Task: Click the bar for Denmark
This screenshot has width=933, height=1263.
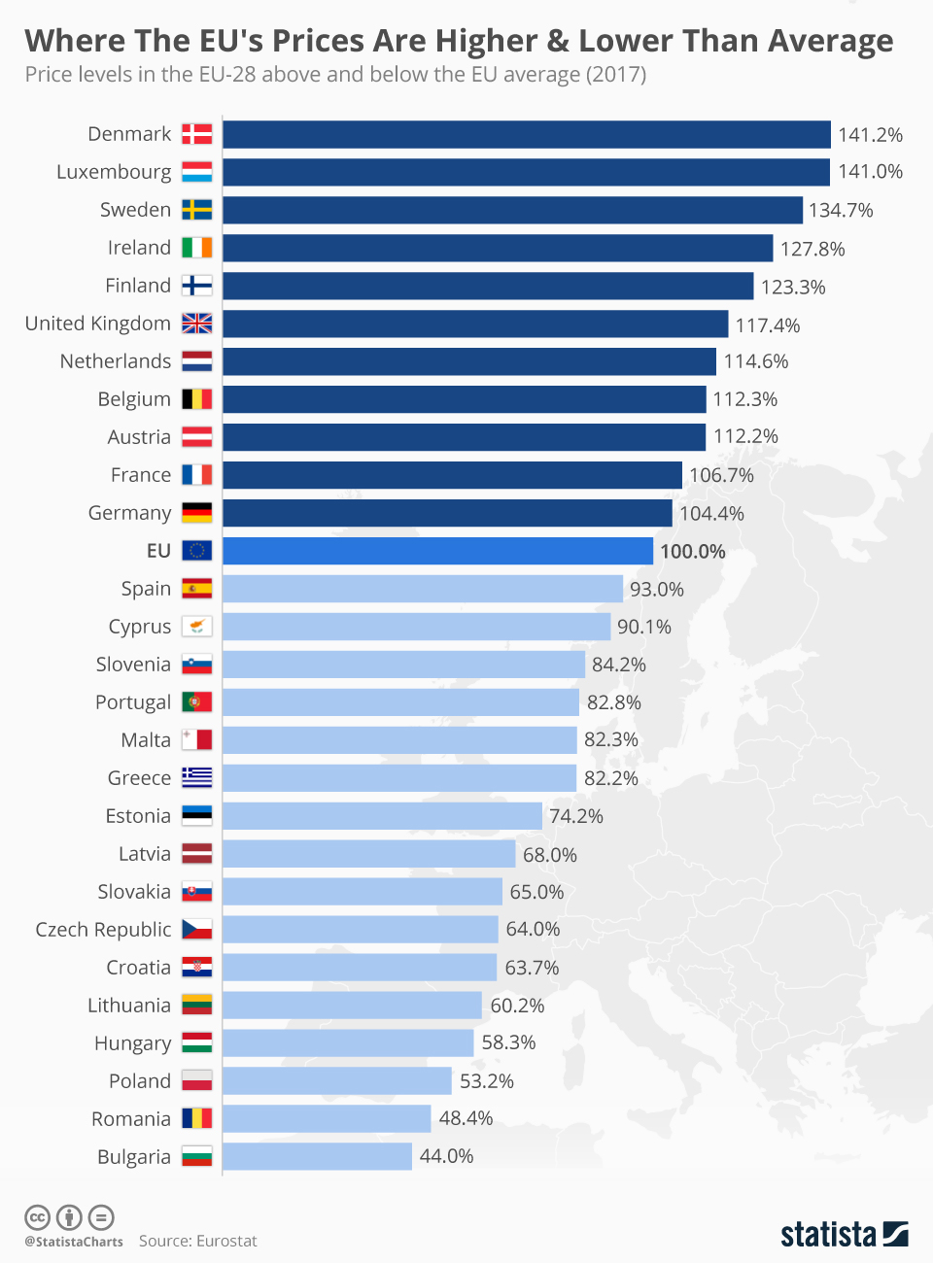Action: click(x=527, y=134)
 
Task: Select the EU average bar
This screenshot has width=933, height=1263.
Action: click(x=437, y=551)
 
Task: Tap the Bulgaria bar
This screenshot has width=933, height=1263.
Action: click(x=317, y=1156)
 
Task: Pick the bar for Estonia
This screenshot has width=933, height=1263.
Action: click(x=382, y=815)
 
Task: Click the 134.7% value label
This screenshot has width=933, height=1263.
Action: click(x=841, y=210)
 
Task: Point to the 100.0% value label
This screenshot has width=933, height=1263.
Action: click(x=693, y=551)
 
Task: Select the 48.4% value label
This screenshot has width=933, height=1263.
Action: click(x=466, y=1118)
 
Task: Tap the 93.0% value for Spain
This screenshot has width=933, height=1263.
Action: click(x=657, y=589)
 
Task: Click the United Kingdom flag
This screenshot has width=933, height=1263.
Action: click(x=197, y=323)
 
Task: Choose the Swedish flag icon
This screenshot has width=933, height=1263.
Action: click(x=197, y=210)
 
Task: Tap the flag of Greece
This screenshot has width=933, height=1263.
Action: click(x=197, y=777)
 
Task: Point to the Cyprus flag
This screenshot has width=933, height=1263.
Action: click(x=197, y=626)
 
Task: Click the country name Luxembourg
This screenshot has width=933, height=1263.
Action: click(x=114, y=172)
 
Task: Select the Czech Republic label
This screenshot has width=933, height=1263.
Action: click(x=103, y=930)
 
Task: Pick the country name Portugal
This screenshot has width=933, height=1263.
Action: click(x=133, y=702)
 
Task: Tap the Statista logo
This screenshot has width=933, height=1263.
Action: click(x=845, y=1235)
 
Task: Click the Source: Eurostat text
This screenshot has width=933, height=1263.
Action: click(x=197, y=1241)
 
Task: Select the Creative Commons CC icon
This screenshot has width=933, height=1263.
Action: click(x=38, y=1218)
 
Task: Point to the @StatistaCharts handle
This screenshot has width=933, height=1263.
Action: click(x=74, y=1242)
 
